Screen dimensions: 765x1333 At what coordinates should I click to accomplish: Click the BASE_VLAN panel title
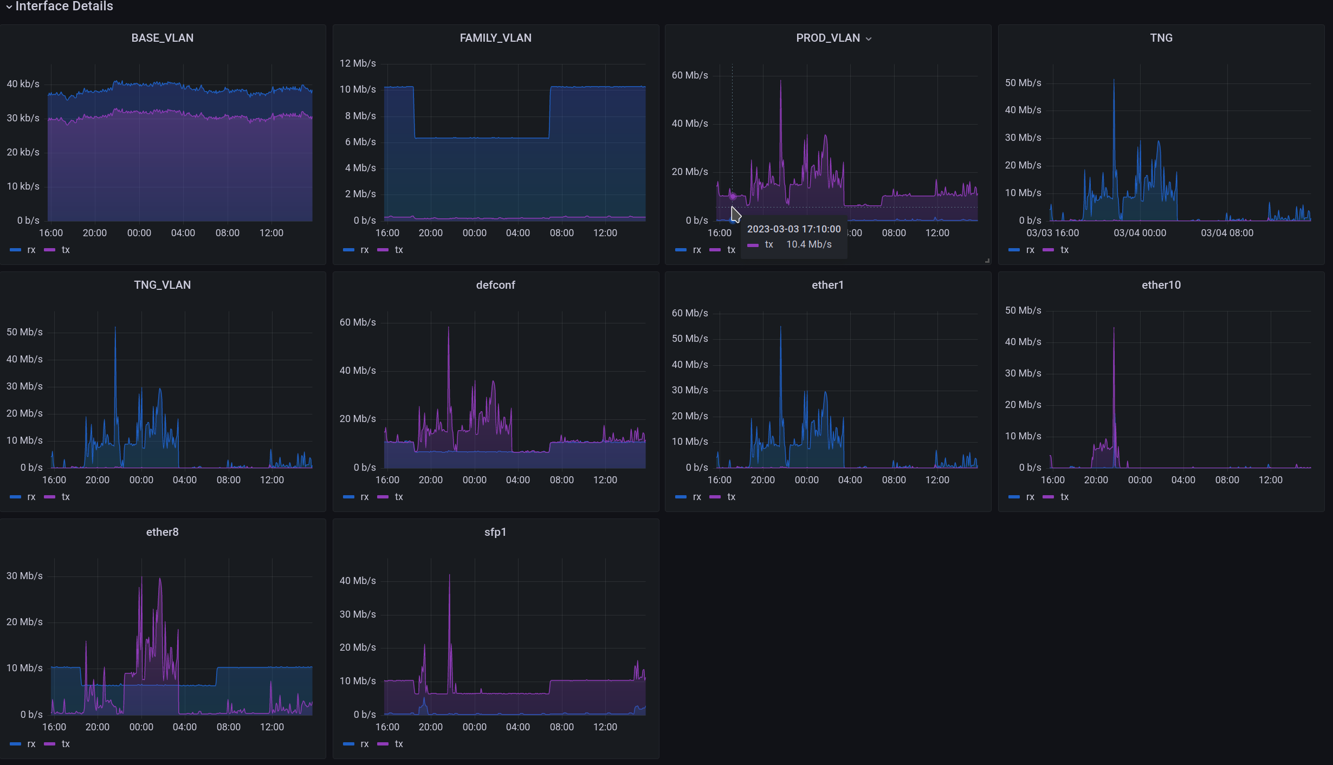(162, 38)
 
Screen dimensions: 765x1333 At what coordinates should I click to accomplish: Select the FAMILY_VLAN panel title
(495, 38)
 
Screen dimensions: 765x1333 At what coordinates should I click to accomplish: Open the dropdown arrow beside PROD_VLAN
(869, 38)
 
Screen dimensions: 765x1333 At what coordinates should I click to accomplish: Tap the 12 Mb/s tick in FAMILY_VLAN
(358, 63)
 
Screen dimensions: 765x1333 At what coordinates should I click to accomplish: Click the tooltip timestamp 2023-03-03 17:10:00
(794, 229)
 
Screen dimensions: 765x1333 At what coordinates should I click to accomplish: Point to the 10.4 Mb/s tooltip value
(808, 244)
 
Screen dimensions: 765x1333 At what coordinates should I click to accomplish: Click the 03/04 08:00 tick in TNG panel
(1227, 233)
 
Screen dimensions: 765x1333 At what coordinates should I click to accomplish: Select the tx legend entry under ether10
(1064, 497)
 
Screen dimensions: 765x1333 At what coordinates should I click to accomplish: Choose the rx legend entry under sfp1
(364, 744)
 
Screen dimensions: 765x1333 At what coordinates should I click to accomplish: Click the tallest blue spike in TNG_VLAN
(115, 328)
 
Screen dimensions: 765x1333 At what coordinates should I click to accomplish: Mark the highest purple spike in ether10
(1114, 328)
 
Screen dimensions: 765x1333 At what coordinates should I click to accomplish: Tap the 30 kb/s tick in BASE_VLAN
(23, 118)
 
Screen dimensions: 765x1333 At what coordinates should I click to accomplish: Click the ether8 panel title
(162, 532)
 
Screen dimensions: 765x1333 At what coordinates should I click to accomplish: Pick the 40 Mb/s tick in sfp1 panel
(358, 581)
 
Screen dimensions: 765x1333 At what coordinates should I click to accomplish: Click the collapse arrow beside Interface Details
(9, 7)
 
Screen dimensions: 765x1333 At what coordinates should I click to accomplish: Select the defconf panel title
(495, 285)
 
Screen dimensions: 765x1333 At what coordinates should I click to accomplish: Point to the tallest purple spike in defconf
(448, 328)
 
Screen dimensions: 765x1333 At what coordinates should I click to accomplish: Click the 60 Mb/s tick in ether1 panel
(690, 313)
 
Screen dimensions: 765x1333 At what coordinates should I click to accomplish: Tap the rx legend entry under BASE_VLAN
(31, 250)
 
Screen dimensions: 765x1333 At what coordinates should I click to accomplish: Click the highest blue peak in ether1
(780, 327)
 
